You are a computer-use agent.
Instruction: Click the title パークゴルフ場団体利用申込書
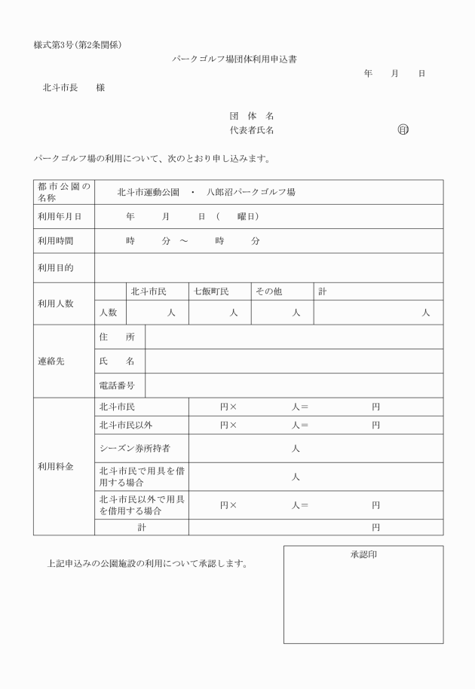234,59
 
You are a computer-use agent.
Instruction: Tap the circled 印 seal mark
403,130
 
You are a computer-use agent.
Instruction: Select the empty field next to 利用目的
268,267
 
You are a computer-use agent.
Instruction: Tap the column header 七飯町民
211,291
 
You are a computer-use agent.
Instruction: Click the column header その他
268,291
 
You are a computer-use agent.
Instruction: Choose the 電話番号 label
117,385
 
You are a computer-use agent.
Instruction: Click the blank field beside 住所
293,337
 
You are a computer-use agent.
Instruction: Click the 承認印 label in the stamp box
363,554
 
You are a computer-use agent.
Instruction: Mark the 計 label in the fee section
141,528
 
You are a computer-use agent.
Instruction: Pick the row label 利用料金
56,467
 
